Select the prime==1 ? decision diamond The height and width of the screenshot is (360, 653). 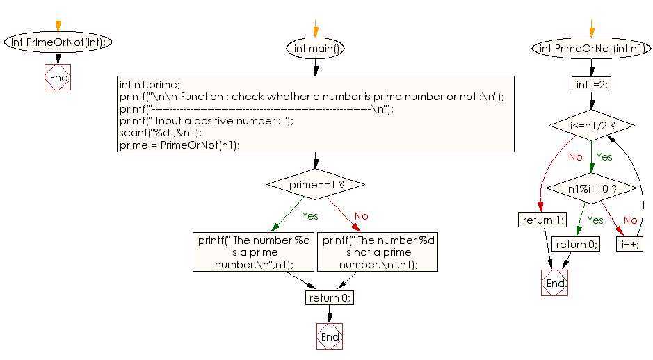coord(316,185)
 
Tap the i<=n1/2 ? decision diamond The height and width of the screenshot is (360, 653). coord(592,126)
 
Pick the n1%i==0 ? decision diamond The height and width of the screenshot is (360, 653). coord(592,188)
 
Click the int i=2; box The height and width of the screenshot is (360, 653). coord(591,85)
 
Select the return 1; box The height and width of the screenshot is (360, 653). coord(542,220)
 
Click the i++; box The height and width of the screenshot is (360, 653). coord(630,244)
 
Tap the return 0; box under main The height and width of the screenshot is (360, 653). coord(330,297)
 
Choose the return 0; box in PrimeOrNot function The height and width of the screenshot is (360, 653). coord(576,244)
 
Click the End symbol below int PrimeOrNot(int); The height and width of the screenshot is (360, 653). coord(58,78)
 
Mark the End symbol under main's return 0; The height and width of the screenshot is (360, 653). coord(330,337)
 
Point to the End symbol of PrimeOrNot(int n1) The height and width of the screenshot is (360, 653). coord(555,284)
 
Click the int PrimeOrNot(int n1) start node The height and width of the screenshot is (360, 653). coord(591,49)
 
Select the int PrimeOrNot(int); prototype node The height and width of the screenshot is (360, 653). coord(58,42)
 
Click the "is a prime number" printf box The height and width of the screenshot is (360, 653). coord(253,252)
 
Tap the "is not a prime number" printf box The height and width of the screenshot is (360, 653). coord(378,252)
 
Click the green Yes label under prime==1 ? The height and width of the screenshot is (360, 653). coord(309,216)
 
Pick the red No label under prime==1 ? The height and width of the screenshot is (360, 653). coord(361,216)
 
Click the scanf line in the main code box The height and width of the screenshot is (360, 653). coord(161,133)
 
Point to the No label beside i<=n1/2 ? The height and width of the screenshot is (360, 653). coord(575,157)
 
